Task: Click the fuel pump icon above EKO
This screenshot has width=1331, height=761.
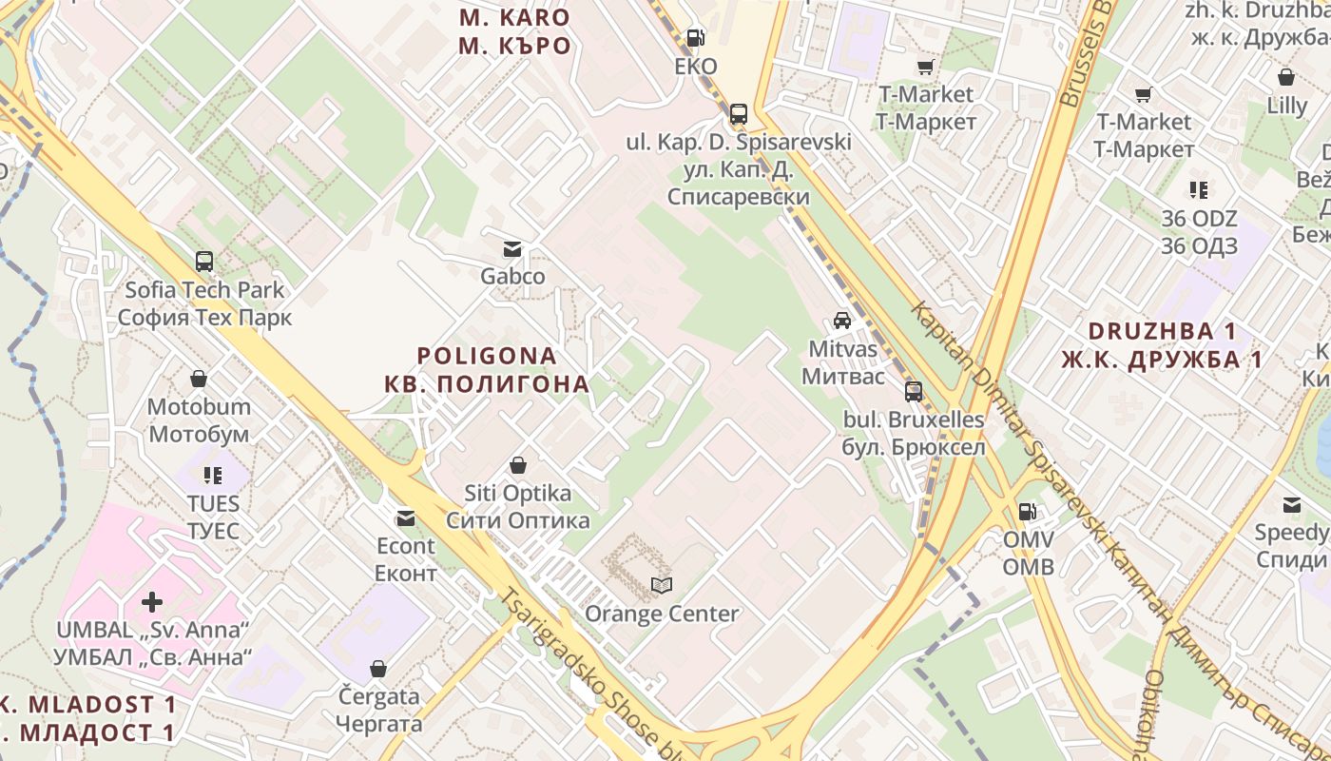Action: (x=696, y=38)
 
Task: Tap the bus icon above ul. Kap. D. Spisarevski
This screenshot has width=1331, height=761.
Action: (x=739, y=114)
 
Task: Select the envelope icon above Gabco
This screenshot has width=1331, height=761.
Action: (x=512, y=249)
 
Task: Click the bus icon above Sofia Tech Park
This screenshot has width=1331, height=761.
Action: (x=204, y=262)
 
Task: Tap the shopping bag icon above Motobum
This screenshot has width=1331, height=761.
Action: (x=199, y=380)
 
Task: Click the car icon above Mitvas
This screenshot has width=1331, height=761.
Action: (x=842, y=321)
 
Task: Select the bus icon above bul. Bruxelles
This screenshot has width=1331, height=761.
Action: (x=914, y=391)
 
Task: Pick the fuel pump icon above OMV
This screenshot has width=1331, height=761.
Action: (x=1028, y=512)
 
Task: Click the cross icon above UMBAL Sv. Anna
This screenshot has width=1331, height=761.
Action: (x=152, y=602)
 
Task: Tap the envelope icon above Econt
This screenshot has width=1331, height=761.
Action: (x=406, y=518)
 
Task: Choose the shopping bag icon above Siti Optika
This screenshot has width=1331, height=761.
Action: (x=518, y=466)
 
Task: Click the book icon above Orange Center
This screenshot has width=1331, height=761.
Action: (x=661, y=585)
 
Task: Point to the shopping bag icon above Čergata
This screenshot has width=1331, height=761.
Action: (x=378, y=669)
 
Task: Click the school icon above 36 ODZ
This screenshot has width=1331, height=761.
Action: (x=1199, y=190)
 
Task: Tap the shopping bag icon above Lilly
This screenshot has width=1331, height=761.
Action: (x=1286, y=77)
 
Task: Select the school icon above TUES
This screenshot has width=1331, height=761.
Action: (x=213, y=475)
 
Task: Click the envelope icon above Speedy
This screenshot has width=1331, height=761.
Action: (x=1292, y=504)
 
